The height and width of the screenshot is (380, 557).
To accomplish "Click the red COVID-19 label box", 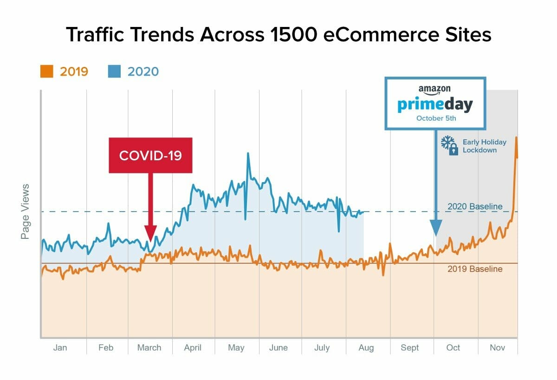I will click(x=150, y=155).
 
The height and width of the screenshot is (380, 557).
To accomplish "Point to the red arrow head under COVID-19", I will click(x=150, y=232).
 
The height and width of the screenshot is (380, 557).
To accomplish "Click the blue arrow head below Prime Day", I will click(x=435, y=229).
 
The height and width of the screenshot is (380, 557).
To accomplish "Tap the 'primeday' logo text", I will click(x=435, y=105).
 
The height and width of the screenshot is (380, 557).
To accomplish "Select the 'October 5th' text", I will click(x=436, y=118).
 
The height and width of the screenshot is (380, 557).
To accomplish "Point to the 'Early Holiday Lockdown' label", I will click(x=484, y=146).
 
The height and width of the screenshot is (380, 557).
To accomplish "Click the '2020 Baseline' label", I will click(x=474, y=207).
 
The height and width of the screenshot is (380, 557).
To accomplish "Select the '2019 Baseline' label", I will click(x=474, y=269).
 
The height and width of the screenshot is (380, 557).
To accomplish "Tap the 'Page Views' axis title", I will click(x=25, y=212).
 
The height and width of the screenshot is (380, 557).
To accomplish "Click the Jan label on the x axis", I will click(x=60, y=347).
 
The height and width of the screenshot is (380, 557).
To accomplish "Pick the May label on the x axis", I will click(x=236, y=347).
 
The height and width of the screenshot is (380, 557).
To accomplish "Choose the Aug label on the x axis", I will click(x=366, y=347).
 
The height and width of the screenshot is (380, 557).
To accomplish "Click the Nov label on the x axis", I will click(x=497, y=347).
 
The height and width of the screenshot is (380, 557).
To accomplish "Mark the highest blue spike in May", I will click(x=248, y=153).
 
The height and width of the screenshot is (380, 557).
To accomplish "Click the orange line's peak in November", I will click(x=516, y=138).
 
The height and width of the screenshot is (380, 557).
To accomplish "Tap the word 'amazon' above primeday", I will click(x=434, y=89).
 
